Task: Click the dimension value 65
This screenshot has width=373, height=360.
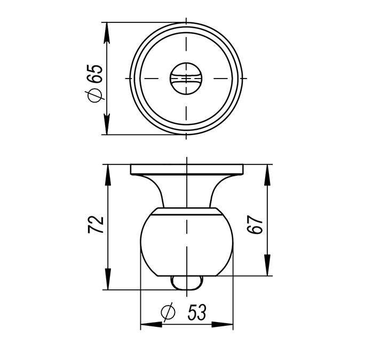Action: pos(95,74)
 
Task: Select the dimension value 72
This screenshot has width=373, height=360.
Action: pos(96,225)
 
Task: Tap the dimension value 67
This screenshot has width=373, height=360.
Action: pos(255,225)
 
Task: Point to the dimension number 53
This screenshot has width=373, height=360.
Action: pos(196,312)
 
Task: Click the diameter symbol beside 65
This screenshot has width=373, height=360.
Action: pos(94,95)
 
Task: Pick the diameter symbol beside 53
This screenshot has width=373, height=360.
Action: pos(168,312)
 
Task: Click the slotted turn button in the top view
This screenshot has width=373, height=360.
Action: pos(186,79)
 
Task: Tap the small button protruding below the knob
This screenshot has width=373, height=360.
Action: pos(187,283)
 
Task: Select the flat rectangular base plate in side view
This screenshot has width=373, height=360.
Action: pos(187,169)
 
